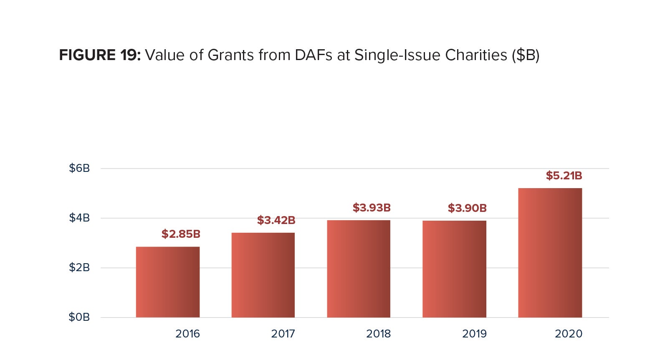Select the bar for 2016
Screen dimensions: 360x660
coord(168,282)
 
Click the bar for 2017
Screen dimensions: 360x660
coord(263,275)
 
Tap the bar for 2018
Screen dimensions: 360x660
coord(359,269)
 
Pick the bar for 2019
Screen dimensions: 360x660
coord(454,269)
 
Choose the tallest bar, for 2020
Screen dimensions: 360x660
coord(550,253)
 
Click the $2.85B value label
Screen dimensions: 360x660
coord(181,234)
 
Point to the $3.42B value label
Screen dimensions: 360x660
coord(276,220)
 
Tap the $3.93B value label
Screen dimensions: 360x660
coord(372,208)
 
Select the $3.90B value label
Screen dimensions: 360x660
coord(467,208)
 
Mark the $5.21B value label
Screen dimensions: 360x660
coord(564,176)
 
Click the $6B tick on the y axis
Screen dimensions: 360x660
coord(79,168)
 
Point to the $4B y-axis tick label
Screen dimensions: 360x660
coord(79,218)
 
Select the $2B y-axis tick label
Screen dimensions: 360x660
coord(79,267)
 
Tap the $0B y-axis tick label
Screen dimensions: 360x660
coord(79,317)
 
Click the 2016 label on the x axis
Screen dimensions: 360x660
coord(187,334)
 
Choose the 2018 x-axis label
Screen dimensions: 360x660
coord(378,334)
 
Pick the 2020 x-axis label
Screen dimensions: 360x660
coord(568,334)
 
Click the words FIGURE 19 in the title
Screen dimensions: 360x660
coord(100,55)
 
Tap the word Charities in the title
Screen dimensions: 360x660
coord(476,55)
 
